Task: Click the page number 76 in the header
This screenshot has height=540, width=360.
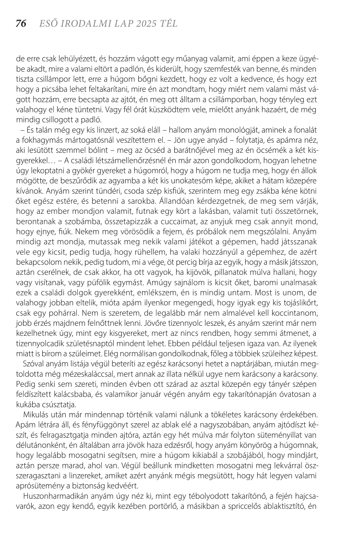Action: [x=21, y=24]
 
